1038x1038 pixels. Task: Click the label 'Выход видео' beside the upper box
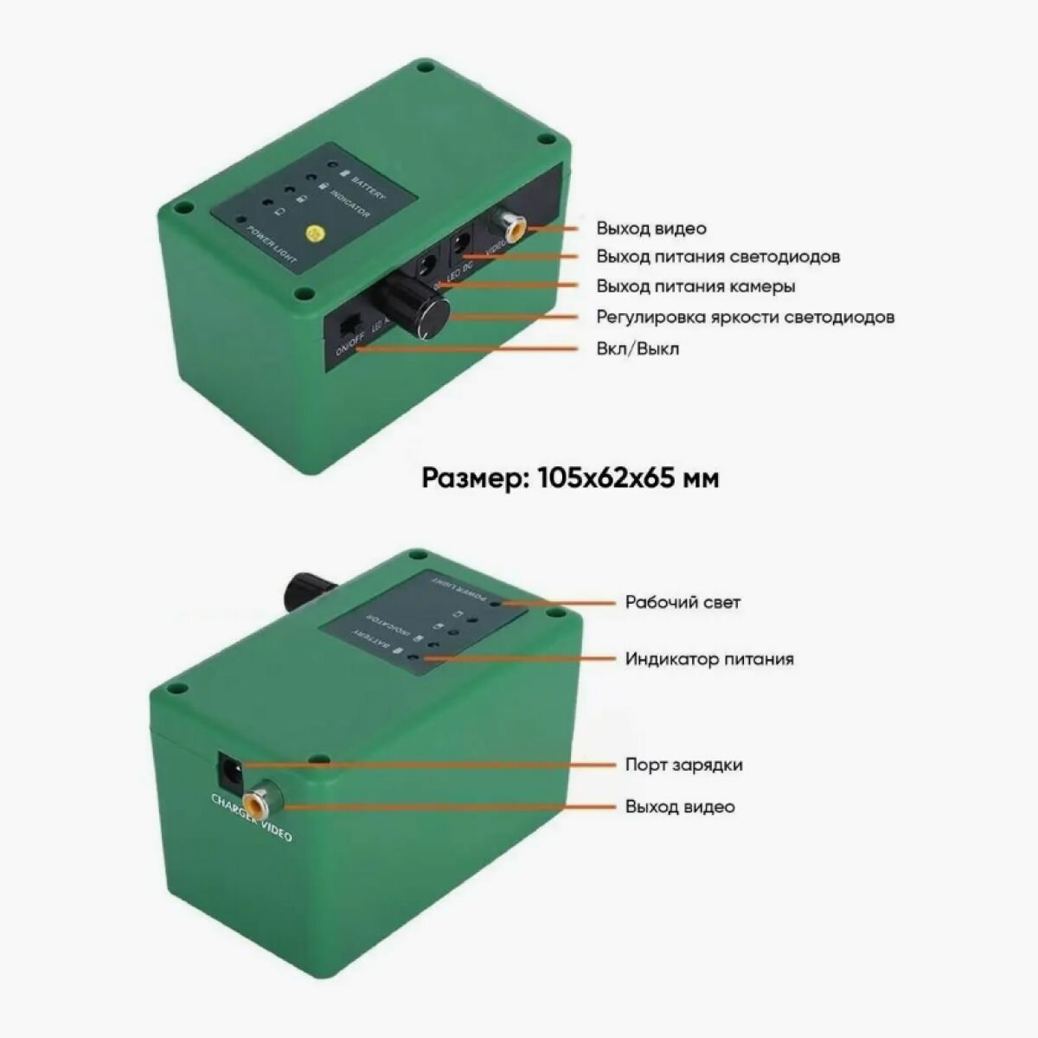[650, 228]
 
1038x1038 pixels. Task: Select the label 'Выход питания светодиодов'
[717, 257]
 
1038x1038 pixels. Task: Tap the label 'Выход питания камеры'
[695, 286]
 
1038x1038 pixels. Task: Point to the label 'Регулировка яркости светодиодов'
[745, 317]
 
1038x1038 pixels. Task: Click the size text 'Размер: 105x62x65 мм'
[570, 477]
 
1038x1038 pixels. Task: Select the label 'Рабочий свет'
[682, 602]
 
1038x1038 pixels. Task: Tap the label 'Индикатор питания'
[709, 659]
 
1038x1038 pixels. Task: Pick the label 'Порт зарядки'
[683, 765]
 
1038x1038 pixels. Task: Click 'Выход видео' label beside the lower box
[680, 806]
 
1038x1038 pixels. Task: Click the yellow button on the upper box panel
[316, 233]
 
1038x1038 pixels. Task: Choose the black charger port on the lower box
[230, 766]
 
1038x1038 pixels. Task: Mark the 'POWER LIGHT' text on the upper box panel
[272, 245]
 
